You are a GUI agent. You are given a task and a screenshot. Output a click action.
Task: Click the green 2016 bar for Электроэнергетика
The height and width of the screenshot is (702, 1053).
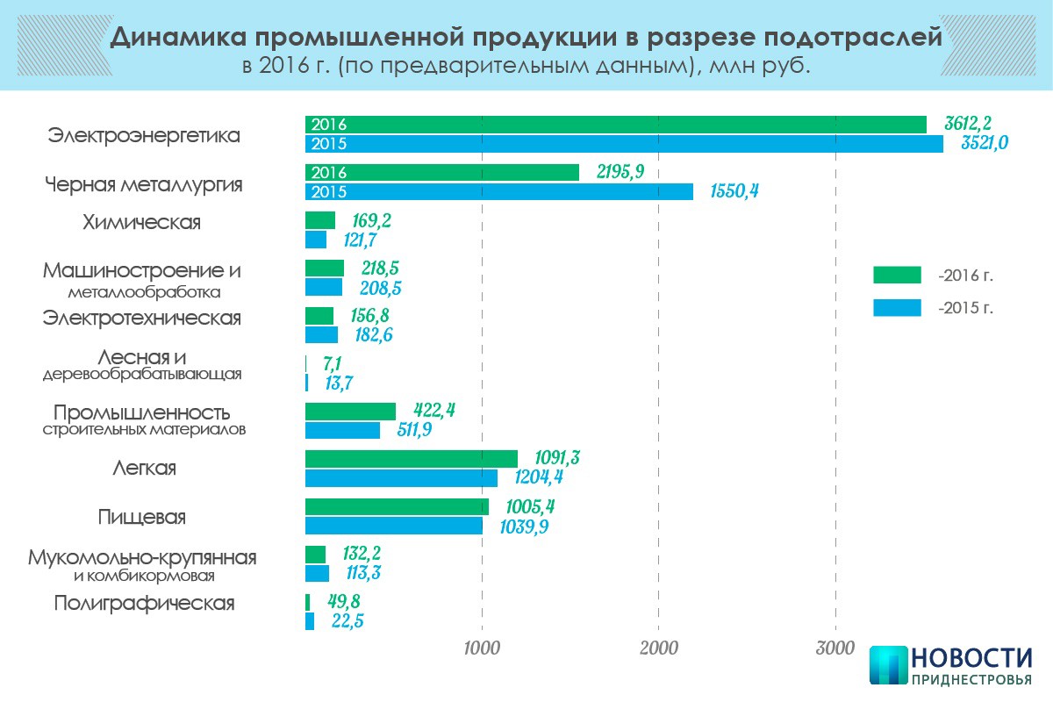click(x=614, y=125)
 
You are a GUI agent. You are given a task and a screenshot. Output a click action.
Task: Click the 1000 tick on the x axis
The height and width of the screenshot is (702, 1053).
click(x=481, y=648)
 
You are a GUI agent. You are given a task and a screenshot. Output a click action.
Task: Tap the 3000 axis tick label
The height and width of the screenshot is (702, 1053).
click(x=835, y=648)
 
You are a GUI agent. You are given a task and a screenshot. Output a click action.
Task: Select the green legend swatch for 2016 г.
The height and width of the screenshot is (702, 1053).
click(x=897, y=275)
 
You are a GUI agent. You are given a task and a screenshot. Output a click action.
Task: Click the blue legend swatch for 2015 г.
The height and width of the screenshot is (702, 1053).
click(x=897, y=307)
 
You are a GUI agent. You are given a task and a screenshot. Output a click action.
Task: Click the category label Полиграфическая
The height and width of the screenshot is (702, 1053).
click(x=144, y=604)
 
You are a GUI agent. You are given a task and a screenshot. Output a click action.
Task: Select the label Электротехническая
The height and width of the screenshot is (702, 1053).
click(x=142, y=318)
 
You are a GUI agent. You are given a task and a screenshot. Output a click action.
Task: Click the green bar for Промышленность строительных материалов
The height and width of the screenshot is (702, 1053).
click(x=350, y=411)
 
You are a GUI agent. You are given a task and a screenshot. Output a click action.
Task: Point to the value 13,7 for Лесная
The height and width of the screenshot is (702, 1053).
click(x=336, y=383)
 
